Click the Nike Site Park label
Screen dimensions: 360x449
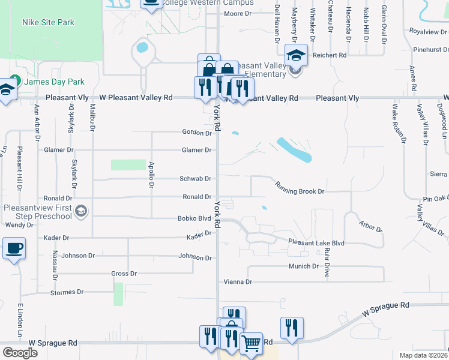point(48,22)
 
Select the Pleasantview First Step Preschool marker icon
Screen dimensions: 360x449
point(82,211)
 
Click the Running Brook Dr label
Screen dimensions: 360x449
point(300,187)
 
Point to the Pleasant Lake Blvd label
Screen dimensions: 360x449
point(316,242)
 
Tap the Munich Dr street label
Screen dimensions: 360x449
point(303,266)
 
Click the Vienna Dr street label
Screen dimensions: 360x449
point(237,281)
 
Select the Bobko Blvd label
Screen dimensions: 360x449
point(193,219)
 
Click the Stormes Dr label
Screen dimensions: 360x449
point(67,292)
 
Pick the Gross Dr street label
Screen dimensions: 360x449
point(124,274)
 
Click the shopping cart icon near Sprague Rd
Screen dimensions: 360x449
point(252,343)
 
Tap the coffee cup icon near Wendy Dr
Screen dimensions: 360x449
point(14,247)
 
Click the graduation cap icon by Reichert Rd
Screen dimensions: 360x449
point(296,56)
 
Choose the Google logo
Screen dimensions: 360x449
point(20,353)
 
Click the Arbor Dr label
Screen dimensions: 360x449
point(370,227)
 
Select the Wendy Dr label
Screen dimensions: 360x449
point(19,225)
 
